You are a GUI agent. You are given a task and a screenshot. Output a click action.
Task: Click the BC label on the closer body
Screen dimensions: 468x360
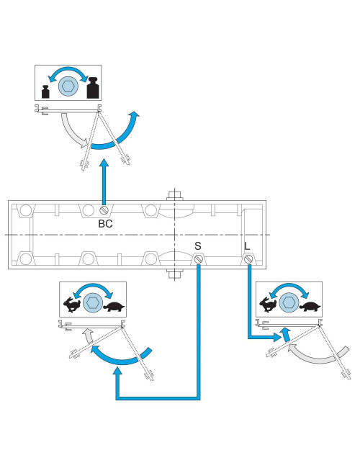[x=105, y=223]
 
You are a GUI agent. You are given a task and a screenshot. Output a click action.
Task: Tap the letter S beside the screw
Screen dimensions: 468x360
[x=197, y=246]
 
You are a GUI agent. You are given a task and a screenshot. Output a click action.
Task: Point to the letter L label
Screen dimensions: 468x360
[x=247, y=246]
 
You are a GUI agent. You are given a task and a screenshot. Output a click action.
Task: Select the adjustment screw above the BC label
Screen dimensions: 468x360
[x=105, y=210]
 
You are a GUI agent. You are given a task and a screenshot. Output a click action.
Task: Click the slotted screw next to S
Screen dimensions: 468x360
[x=198, y=259]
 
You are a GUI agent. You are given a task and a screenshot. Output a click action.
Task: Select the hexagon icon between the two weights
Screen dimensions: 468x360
[x=68, y=85]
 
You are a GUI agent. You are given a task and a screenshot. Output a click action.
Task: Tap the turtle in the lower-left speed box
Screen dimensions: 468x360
[x=114, y=305]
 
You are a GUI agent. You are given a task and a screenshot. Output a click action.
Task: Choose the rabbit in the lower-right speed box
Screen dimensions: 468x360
[x=267, y=305]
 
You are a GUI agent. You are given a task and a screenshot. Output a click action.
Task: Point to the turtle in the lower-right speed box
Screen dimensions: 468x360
[x=310, y=306]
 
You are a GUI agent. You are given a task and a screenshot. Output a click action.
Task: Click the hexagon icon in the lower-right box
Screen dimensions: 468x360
[x=289, y=302]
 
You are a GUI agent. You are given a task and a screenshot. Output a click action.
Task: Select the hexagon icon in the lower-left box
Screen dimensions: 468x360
[x=92, y=302]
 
